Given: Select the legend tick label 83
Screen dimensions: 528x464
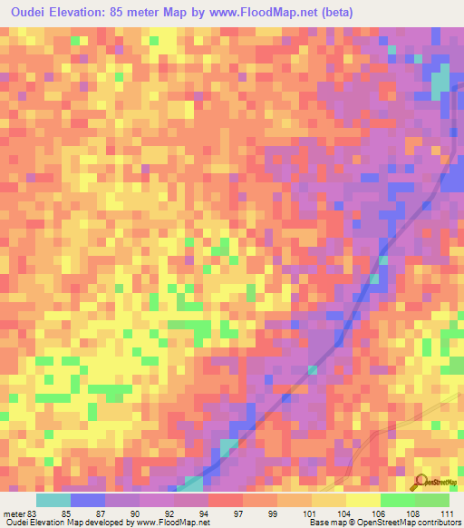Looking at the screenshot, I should pyautogui.click(x=34, y=513).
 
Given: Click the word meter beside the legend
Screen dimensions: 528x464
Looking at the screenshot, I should pyautogui.click(x=13, y=513).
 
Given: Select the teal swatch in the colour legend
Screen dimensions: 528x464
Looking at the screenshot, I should pyautogui.click(x=53, y=500).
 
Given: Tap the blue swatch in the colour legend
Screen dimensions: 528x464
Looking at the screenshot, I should pyautogui.click(x=88, y=500).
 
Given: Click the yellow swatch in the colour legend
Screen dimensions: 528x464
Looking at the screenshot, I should pyautogui.click(x=363, y=500).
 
